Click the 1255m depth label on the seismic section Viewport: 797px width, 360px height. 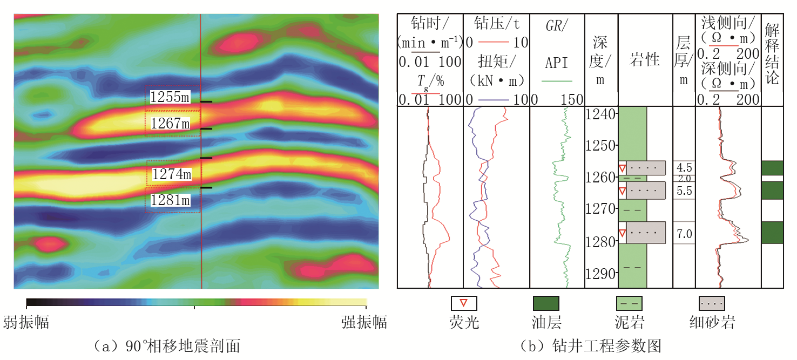(x=170, y=97)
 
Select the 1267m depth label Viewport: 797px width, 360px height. (x=170, y=124)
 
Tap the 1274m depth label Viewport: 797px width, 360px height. (x=172, y=174)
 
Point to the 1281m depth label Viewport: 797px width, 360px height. (x=170, y=200)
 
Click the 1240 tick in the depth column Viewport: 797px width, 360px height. (x=600, y=114)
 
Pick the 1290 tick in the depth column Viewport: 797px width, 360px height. (x=600, y=274)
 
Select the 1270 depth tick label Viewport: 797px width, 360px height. (x=600, y=208)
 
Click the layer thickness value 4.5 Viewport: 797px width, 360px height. (x=684, y=167)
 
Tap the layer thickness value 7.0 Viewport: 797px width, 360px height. (x=684, y=234)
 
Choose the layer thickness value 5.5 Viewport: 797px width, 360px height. (x=684, y=191)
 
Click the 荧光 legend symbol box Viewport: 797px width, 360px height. (x=464, y=303)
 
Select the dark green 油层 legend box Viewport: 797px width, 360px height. (x=546, y=303)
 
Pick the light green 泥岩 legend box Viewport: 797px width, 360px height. (x=629, y=303)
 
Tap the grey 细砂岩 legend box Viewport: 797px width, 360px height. (x=712, y=303)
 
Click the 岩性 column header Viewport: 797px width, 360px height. (x=644, y=59)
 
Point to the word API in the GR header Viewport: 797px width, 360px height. (x=557, y=63)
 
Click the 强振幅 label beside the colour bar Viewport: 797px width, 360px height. (x=364, y=322)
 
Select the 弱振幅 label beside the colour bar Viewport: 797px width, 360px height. (x=26, y=322)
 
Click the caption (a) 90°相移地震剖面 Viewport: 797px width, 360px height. (x=166, y=346)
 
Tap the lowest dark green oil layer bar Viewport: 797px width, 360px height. (x=773, y=233)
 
